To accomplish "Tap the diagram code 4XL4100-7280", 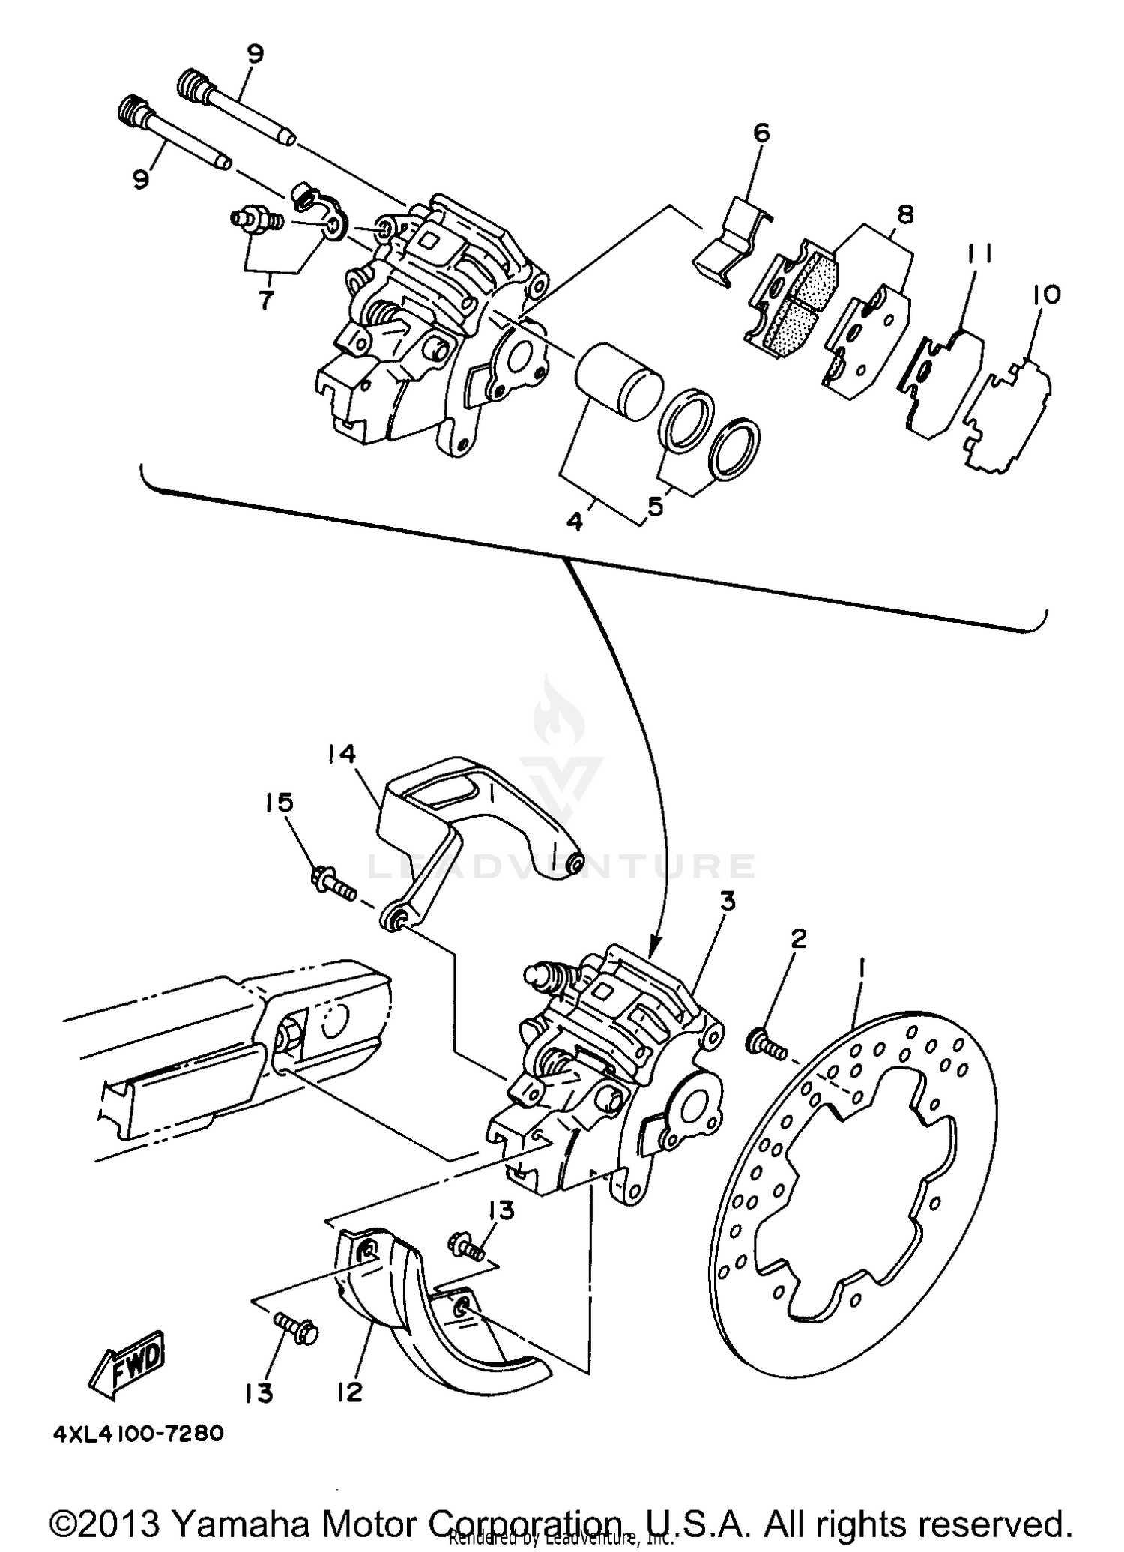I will [x=138, y=1434].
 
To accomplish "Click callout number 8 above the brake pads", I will [x=905, y=216].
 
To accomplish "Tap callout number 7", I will [x=265, y=300].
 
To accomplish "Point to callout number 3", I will [x=727, y=902].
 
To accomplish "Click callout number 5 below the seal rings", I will [x=655, y=507].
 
